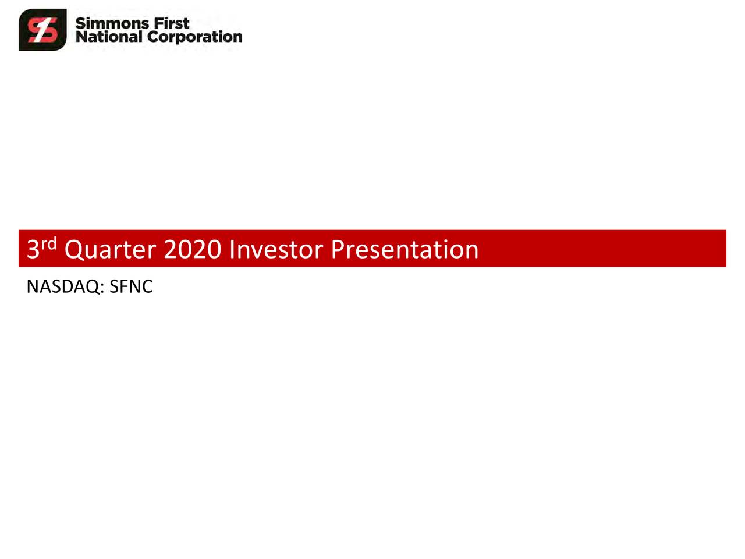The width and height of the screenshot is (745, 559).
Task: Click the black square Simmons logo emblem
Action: click(42, 30)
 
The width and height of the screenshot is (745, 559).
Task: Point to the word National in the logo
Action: click(108, 37)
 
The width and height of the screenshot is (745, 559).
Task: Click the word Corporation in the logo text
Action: click(194, 37)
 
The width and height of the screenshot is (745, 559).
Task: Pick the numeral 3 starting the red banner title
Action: click(33, 250)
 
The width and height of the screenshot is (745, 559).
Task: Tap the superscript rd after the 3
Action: click(49, 243)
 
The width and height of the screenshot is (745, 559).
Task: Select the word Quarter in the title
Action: click(110, 250)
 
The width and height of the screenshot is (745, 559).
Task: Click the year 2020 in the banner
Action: click(193, 250)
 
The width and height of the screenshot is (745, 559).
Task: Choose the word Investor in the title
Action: click(276, 250)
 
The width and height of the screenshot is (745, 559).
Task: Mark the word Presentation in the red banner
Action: click(405, 250)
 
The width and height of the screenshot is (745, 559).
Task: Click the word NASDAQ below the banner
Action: click(63, 286)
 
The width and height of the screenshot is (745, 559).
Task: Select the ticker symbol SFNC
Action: click(131, 286)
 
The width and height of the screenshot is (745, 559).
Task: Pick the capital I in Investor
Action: click(232, 249)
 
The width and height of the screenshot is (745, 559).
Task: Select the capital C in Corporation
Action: click(152, 37)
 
